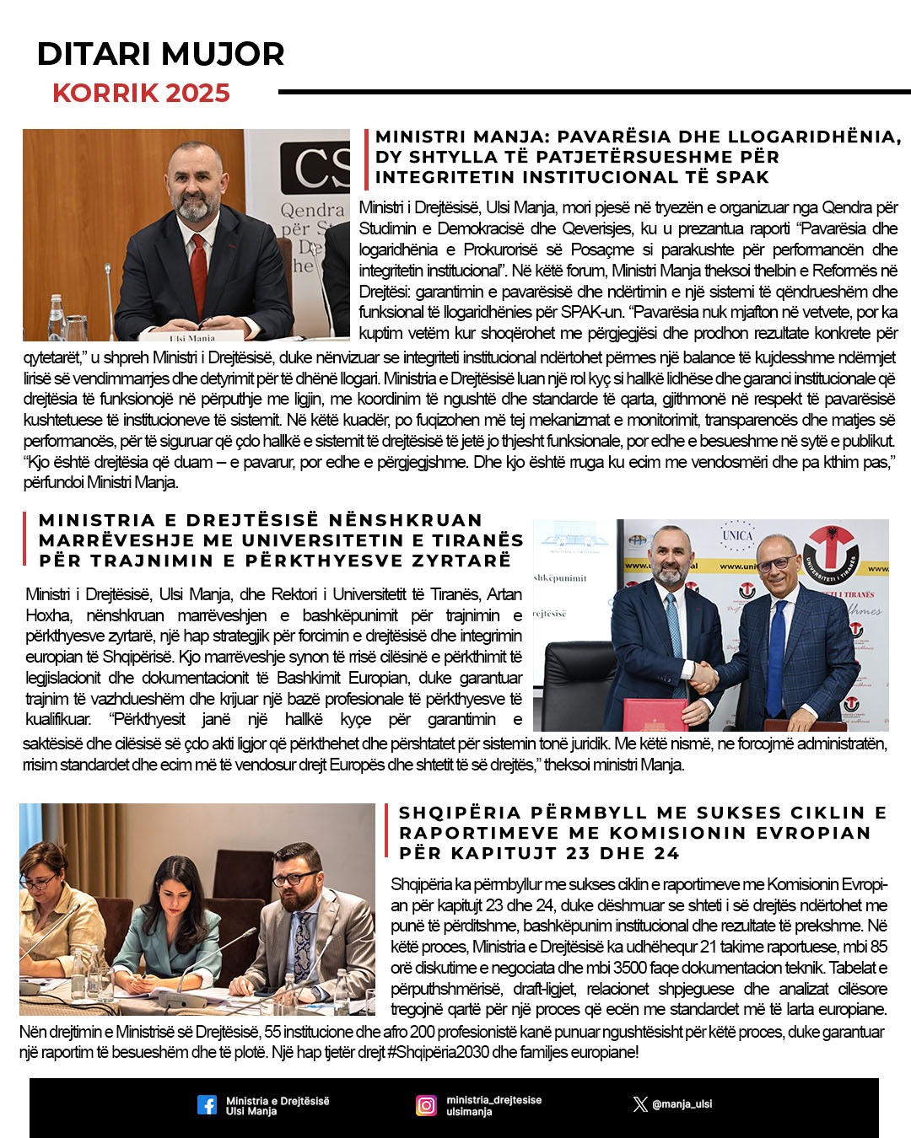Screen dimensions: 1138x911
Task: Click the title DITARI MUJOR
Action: [x=160, y=54]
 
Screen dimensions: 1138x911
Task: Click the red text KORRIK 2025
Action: [x=141, y=93]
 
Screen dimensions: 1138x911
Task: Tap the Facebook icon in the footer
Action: [x=207, y=1105]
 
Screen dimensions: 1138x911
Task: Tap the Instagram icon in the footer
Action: [x=427, y=1105]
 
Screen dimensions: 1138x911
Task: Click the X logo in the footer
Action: [x=640, y=1104]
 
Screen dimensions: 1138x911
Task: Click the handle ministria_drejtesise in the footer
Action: [x=493, y=1100]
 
